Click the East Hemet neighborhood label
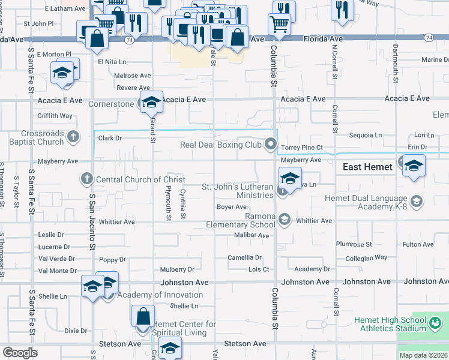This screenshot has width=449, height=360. pos(367,167)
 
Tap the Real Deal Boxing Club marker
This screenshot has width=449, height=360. pos(271,144)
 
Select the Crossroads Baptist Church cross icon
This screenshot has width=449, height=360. pos(73,136)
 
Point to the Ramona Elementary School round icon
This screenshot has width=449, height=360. pos(285,220)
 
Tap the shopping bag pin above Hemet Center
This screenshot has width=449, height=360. pos(143,316)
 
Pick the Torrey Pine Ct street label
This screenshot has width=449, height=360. pos(303,147)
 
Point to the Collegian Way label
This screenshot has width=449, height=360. pos(366,258)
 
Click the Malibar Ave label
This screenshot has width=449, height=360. pos(252,235)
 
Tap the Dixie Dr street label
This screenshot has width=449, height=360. pos(76,331)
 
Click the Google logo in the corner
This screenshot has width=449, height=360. pos(20,353)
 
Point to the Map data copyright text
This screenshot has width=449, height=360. pos(423,355)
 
